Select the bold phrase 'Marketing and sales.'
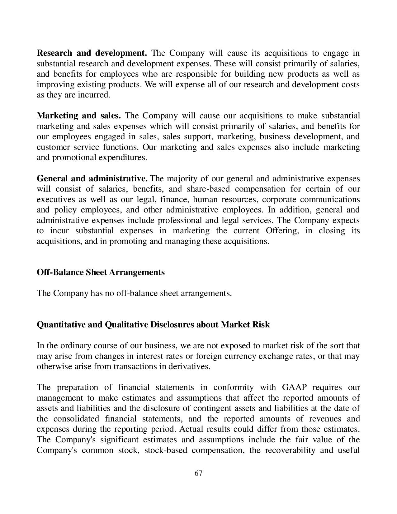pos(79,116)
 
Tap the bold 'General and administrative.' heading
pos(92,178)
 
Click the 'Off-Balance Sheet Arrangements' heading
pos(101,272)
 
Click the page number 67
pos(198,473)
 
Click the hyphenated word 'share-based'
pos(208,189)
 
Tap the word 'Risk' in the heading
pos(261,325)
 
